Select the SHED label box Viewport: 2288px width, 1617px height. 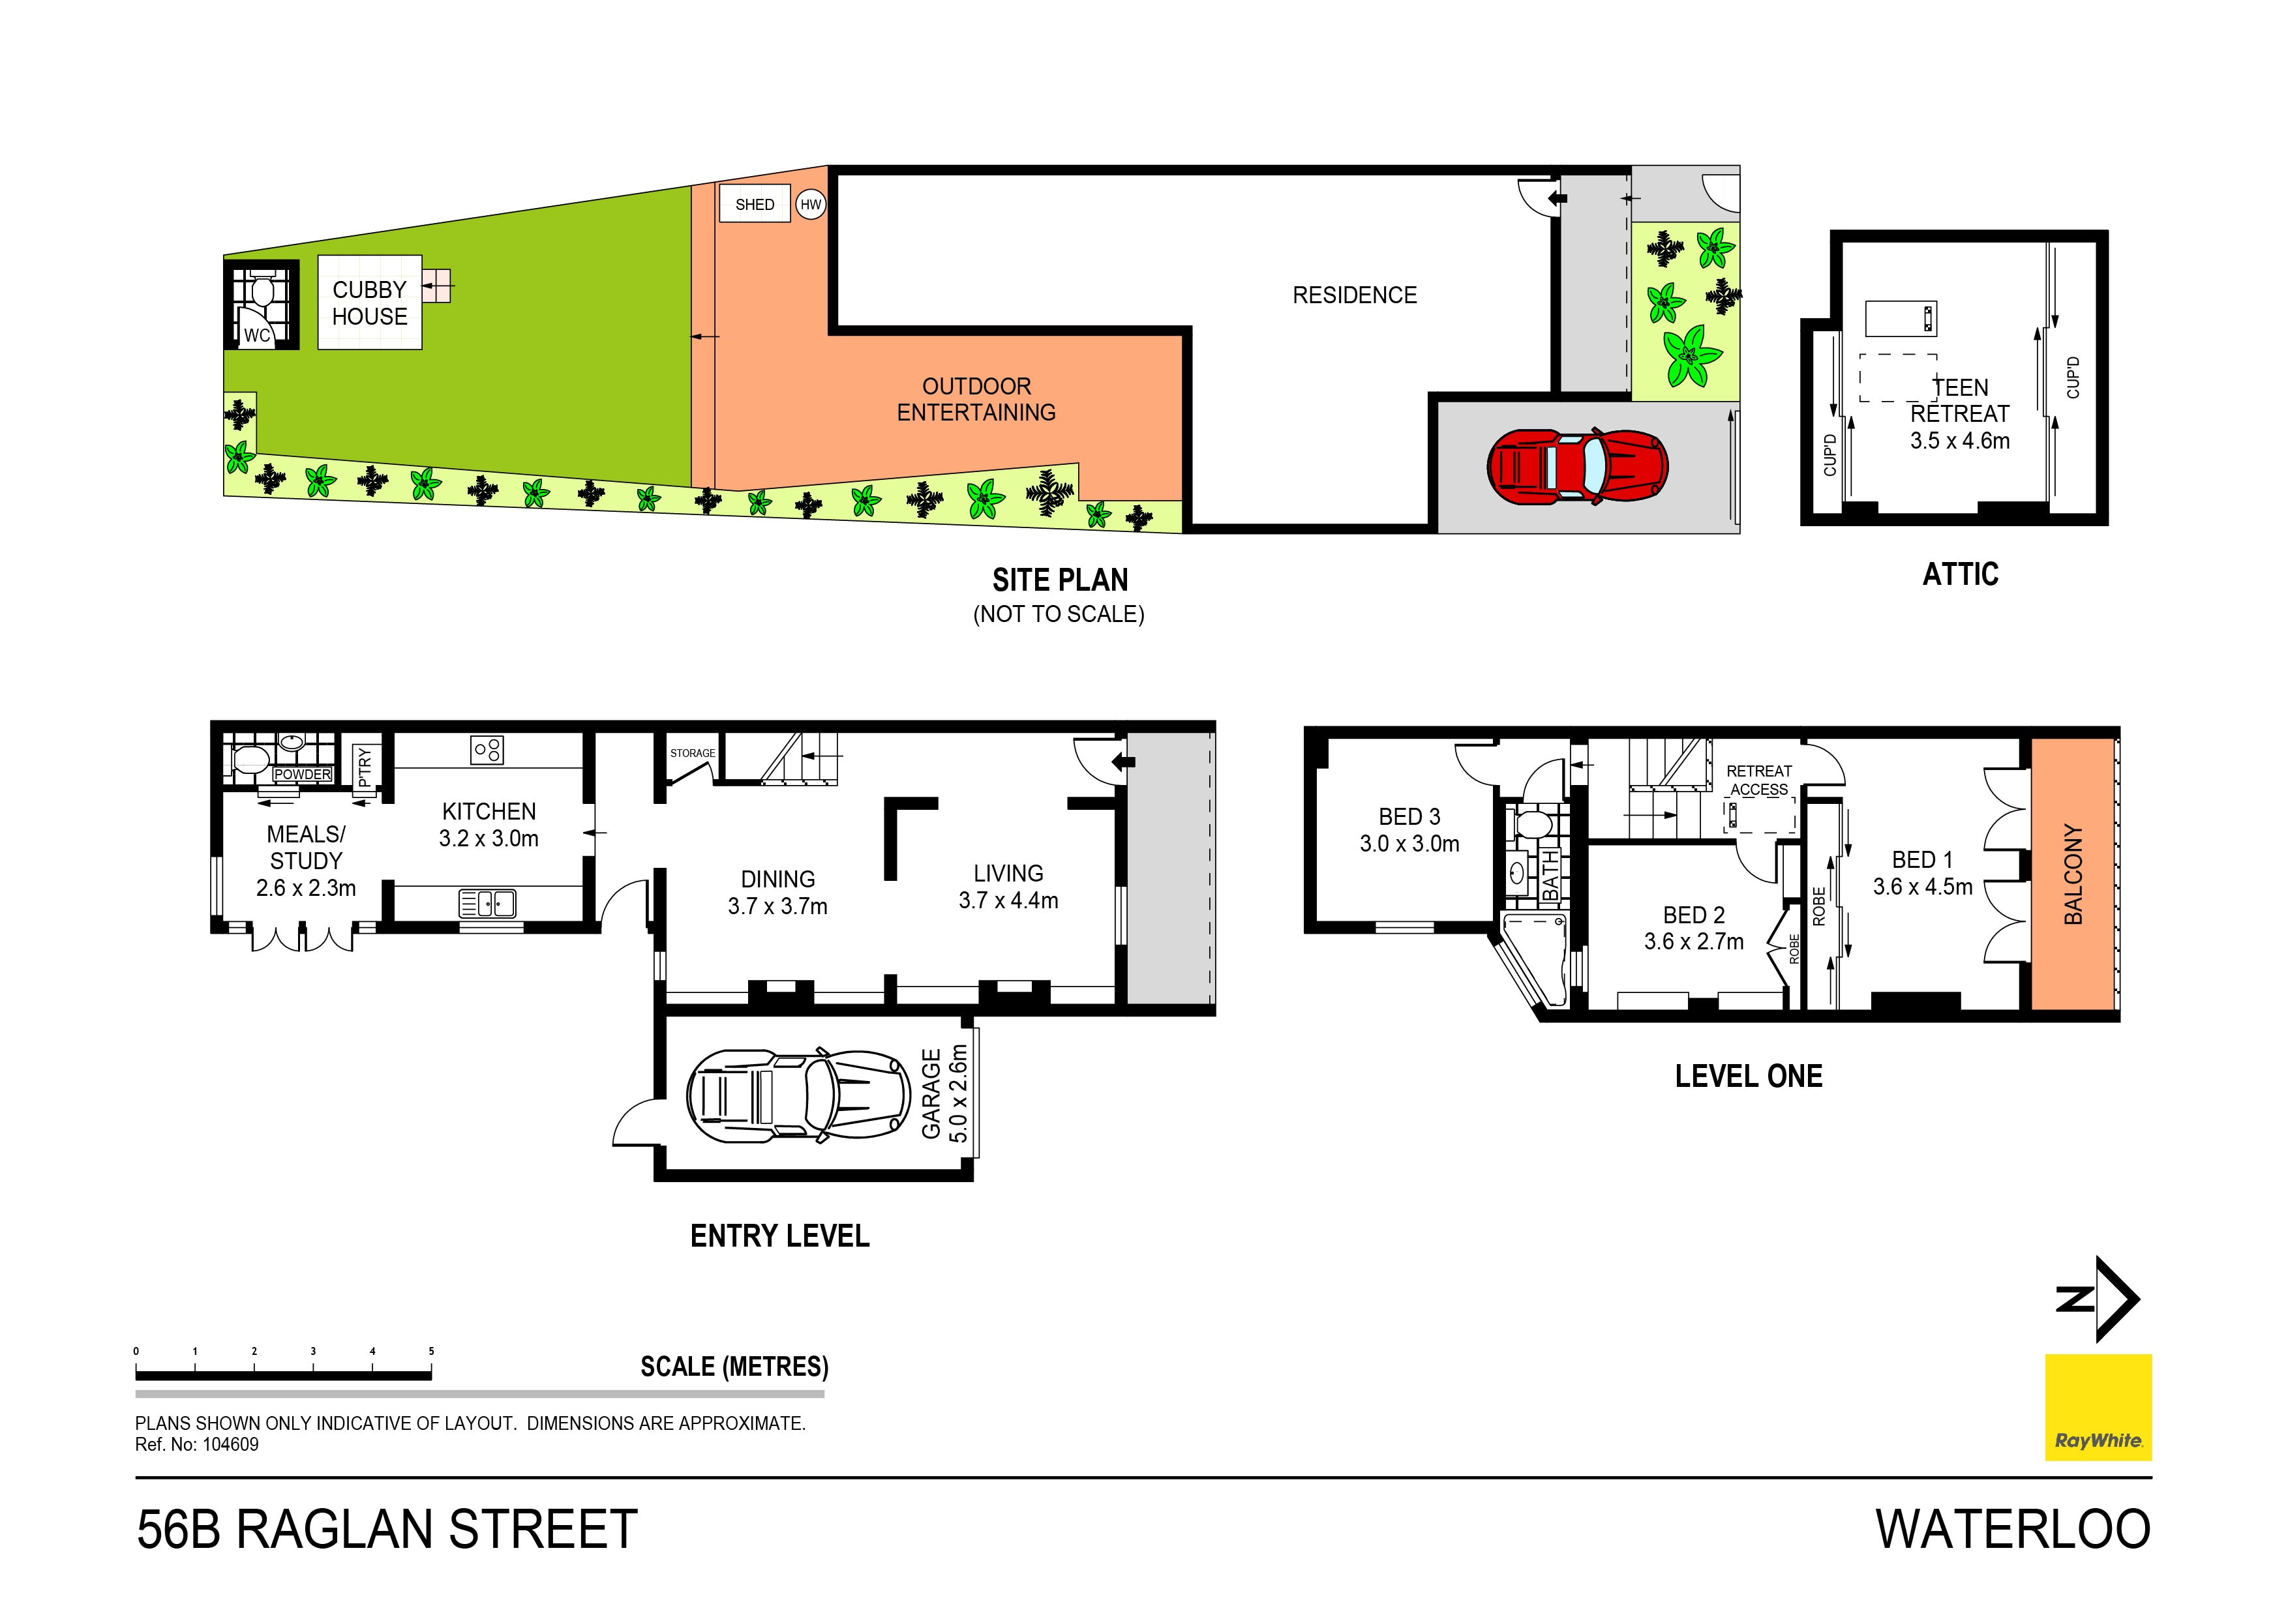coord(755,204)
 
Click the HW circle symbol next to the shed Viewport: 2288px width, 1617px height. coord(811,204)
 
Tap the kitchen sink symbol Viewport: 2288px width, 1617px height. coord(487,902)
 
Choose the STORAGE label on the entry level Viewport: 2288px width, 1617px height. coord(691,753)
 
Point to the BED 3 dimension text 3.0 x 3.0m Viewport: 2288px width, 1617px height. coord(1409,844)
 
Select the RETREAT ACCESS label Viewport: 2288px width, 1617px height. coord(1759,780)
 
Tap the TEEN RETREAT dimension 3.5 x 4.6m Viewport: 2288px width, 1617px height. coord(1959,440)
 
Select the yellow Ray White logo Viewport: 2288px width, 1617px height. coord(2098,1407)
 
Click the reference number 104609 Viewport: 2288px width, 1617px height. coord(230,1445)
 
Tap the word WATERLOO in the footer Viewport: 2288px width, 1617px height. coord(2013,1530)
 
